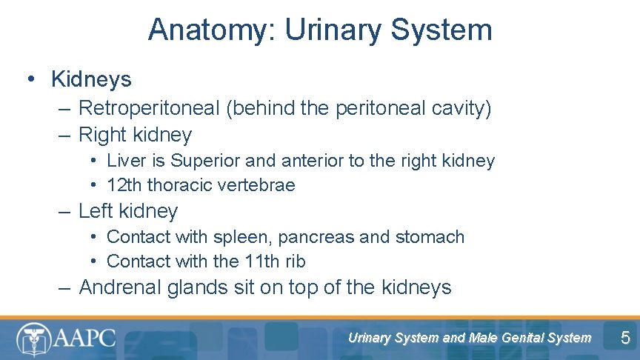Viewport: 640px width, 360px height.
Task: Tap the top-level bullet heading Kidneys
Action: click(x=91, y=79)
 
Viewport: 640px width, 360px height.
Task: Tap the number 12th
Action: click(x=124, y=185)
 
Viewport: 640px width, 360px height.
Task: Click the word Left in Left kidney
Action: click(x=95, y=211)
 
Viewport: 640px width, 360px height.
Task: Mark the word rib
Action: click(x=295, y=261)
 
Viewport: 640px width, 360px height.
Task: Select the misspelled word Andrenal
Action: click(x=119, y=287)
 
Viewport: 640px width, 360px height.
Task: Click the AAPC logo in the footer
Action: click(x=67, y=339)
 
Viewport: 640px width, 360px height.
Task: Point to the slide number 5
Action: click(x=625, y=339)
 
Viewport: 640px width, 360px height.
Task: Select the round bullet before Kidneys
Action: click(x=31, y=79)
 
